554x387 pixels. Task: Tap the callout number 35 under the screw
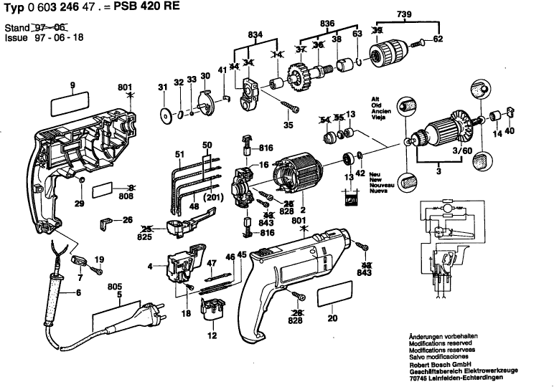288,125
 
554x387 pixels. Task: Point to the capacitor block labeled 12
211,316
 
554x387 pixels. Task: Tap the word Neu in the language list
373,174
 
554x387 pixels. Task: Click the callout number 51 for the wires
179,153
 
